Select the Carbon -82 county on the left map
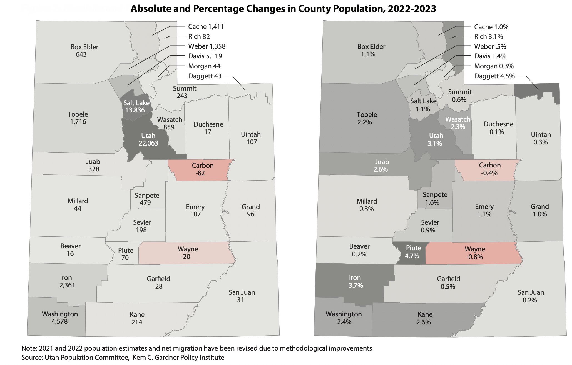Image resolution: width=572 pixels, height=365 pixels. coord(203,169)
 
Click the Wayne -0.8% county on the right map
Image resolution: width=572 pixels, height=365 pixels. coord(475,253)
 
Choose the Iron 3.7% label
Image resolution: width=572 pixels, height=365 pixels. coord(355,281)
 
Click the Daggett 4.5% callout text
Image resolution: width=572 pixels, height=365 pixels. coord(494,76)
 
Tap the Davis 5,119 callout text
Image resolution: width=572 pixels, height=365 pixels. coord(205,56)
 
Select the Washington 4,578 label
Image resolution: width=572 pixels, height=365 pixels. coord(60,318)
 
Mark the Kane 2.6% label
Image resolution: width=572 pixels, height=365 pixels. coord(424,318)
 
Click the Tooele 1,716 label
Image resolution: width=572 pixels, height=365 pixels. coord(78,118)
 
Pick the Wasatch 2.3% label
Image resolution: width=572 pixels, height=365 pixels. coord(458,123)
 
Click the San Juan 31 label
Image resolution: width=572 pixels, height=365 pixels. coord(242,296)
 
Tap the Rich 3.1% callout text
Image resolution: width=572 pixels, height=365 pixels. coord(488,37)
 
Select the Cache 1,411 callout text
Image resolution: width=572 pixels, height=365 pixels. coord(206,27)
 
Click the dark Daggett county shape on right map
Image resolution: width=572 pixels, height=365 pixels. coord(528,91)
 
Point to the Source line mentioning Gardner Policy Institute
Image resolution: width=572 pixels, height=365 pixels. coord(123,357)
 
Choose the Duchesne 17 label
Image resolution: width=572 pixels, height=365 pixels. coord(208,128)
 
